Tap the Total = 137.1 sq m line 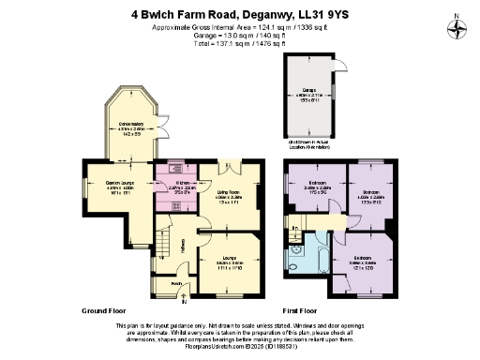click(x=240, y=42)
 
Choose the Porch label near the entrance click(x=175, y=279)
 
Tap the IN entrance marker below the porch click(x=184, y=302)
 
